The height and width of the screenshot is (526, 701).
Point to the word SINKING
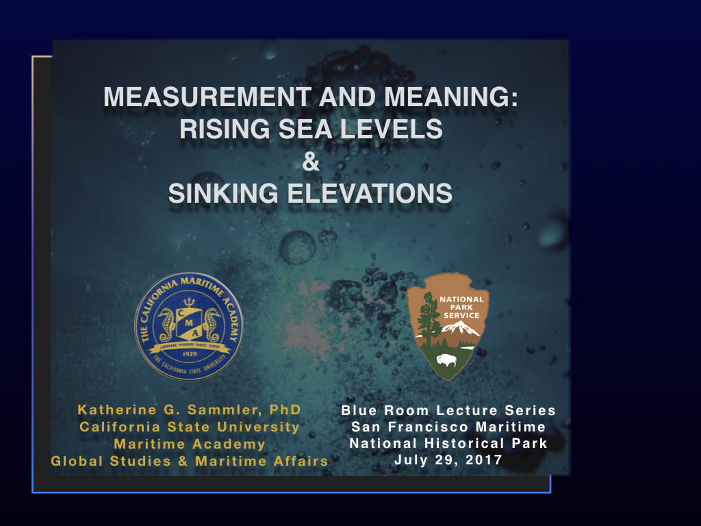pos(222,194)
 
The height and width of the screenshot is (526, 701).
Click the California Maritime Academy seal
pos(188,325)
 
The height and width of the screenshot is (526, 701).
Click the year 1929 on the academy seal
pos(188,355)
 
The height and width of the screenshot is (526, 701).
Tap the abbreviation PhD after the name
pos(285,410)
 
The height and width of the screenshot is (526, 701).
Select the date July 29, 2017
pos(448,460)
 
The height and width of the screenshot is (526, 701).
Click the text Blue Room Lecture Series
pos(448,411)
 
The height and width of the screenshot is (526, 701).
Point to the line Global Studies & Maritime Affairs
pos(190,461)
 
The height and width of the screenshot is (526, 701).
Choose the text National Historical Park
pos(448,444)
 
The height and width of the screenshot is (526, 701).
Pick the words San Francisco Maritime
pos(448,427)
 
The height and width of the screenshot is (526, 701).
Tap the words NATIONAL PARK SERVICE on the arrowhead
pos(461,307)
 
